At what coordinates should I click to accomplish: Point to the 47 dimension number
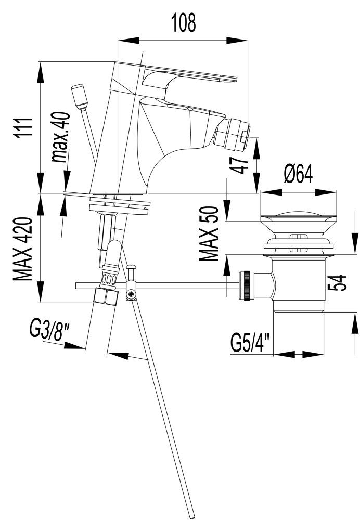[240, 166]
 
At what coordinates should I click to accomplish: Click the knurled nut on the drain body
[246, 285]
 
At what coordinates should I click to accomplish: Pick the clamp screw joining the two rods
[131, 294]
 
